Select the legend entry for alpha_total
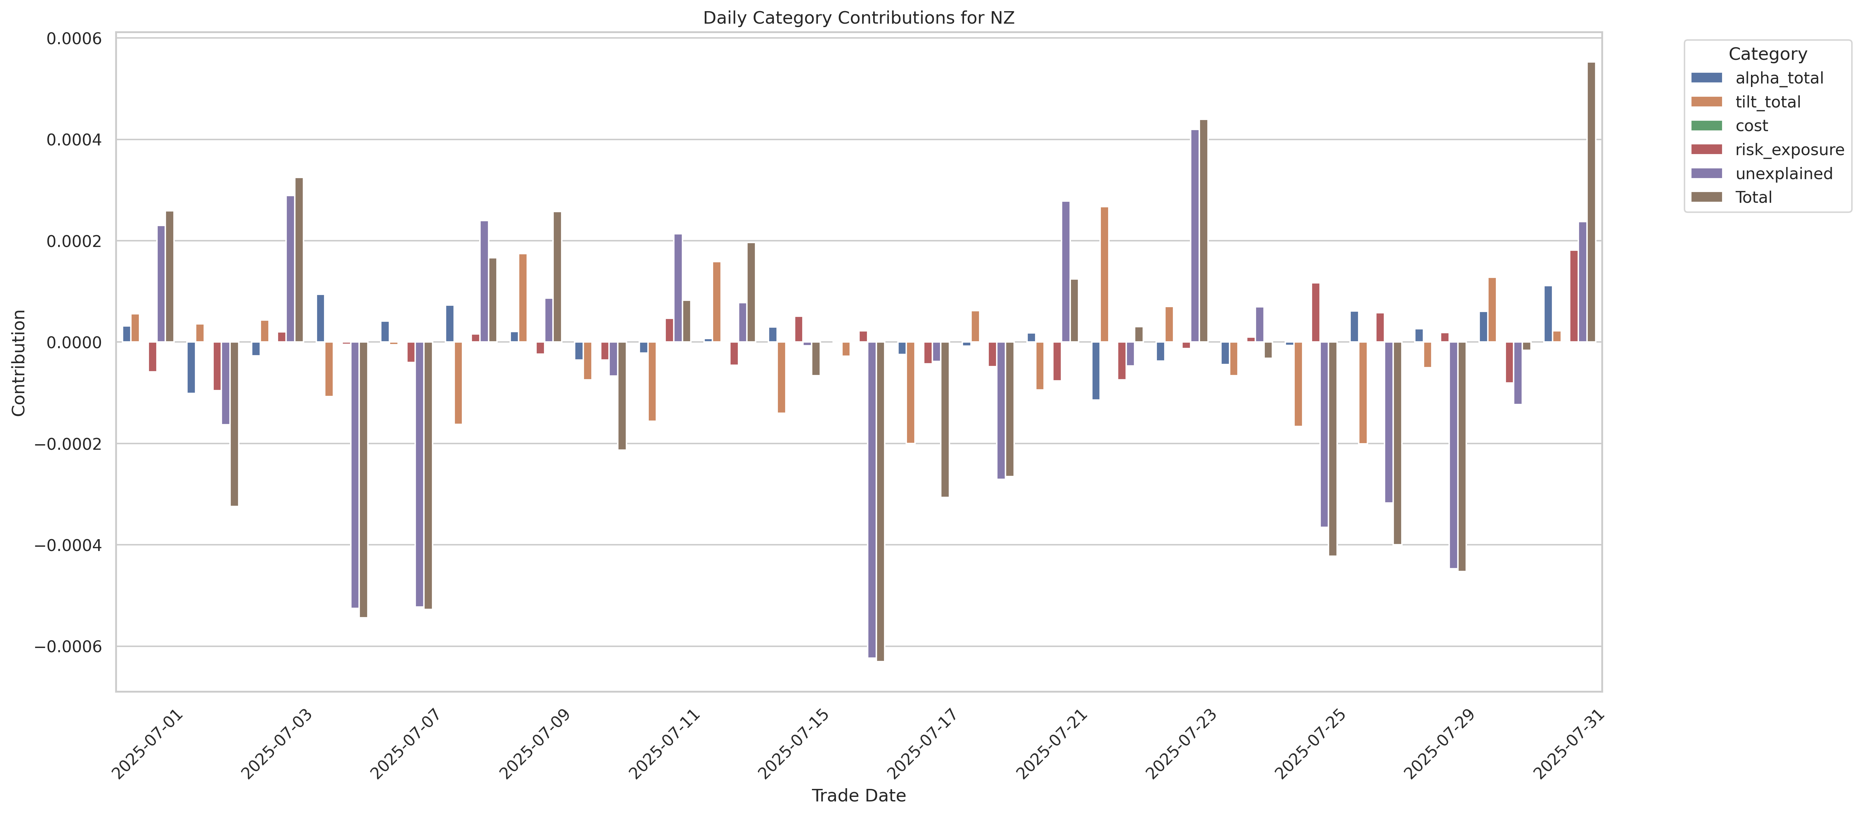coord(1779,78)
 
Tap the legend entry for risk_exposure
coord(1789,150)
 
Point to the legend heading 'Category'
coord(1767,54)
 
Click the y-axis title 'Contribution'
coord(19,363)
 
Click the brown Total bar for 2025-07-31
coord(1591,202)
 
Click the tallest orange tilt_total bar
coord(1104,274)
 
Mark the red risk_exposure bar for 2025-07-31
coord(1573,296)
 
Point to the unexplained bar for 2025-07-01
coord(161,284)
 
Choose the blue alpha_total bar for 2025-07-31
coord(1548,314)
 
